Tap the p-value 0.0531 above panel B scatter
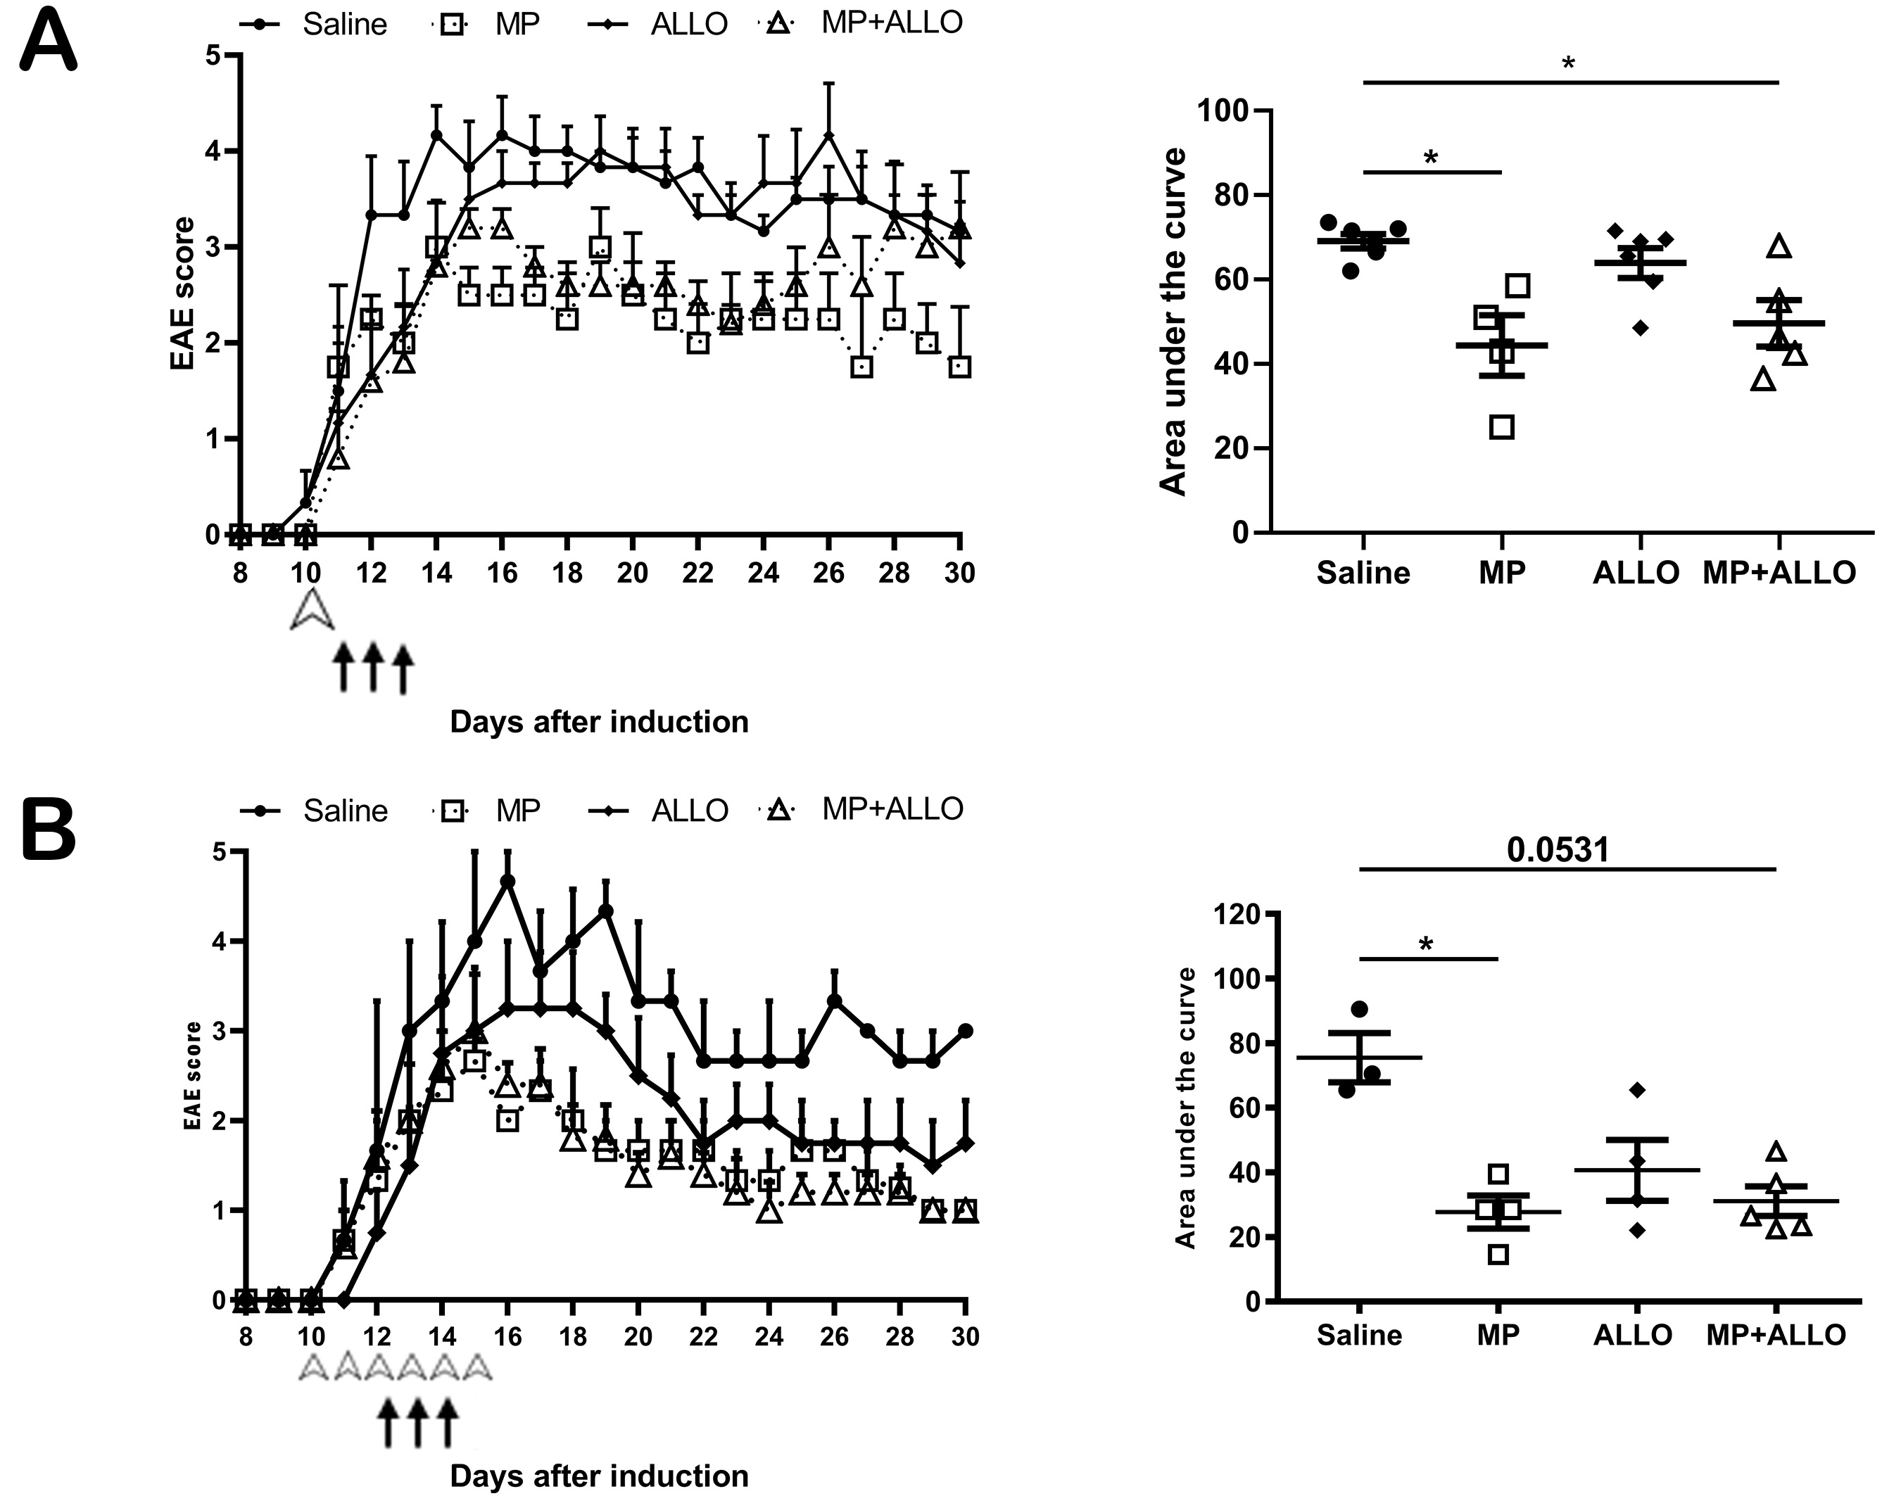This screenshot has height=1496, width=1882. point(1558,849)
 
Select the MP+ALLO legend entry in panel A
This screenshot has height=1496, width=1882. point(890,23)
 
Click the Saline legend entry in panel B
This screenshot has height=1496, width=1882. point(344,811)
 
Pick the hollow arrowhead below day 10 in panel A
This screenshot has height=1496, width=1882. point(312,609)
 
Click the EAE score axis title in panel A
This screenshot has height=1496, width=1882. point(182,293)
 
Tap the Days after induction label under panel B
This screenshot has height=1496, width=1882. point(599,1475)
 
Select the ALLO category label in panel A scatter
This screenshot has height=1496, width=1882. point(1636,573)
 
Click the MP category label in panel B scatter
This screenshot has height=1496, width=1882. point(1498,1335)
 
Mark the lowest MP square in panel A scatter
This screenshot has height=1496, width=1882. point(1501,427)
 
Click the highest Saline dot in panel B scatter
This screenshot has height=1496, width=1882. point(1359,1009)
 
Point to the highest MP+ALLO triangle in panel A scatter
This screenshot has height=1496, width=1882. point(1778,247)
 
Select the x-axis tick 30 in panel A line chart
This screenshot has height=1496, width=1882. point(960,573)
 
